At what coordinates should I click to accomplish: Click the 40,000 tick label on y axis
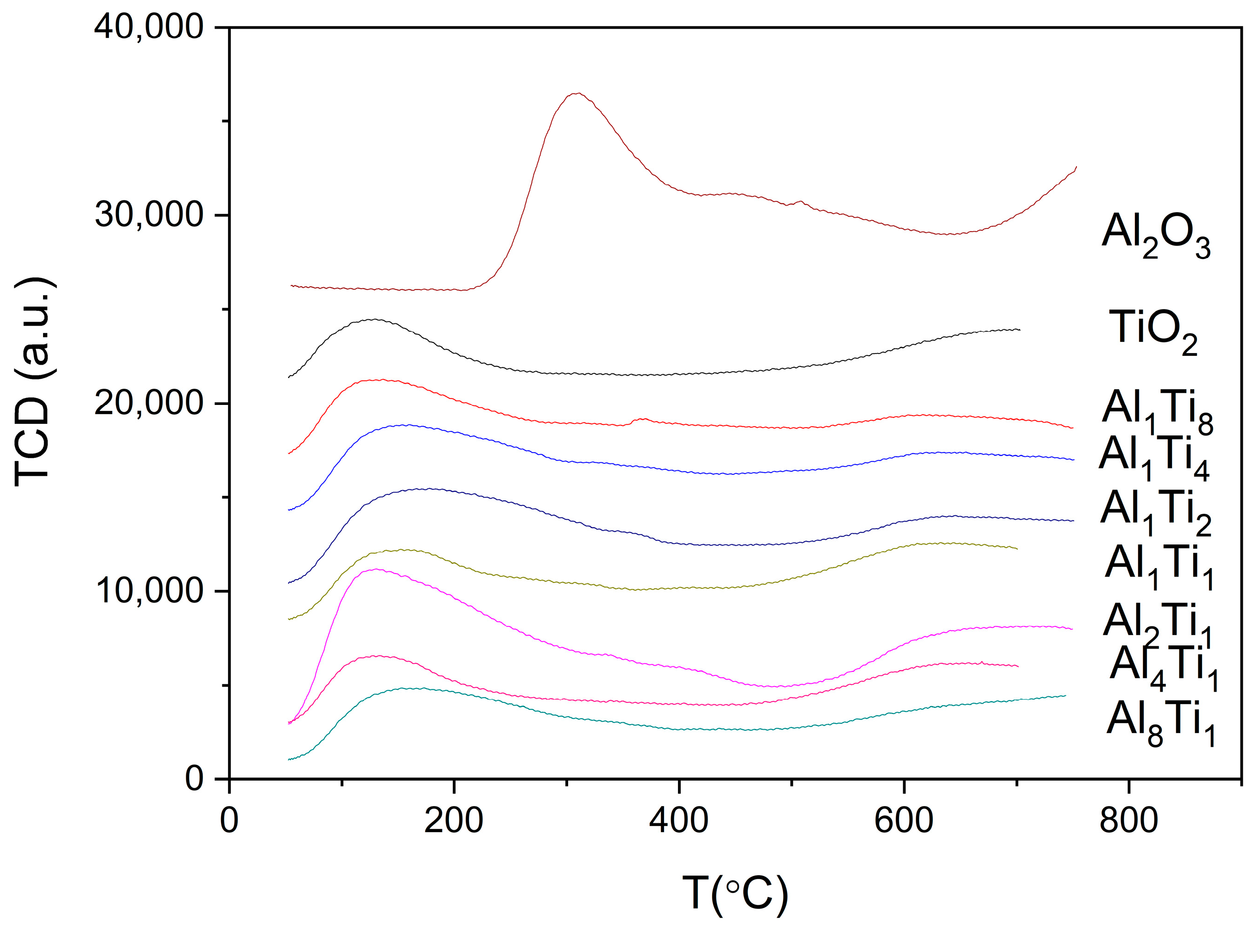[148, 27]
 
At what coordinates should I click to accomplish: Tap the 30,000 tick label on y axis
[148, 215]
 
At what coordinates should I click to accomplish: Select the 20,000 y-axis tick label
[148, 403]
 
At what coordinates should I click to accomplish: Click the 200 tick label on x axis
[453, 821]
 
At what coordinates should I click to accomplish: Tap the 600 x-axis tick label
[904, 821]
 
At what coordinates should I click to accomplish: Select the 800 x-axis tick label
[1128, 821]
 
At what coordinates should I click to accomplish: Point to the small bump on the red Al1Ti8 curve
[641, 420]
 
